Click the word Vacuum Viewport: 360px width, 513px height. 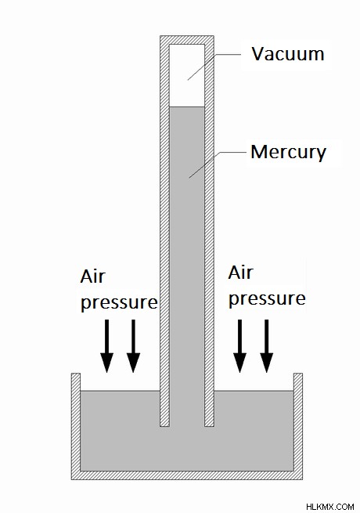click(x=288, y=54)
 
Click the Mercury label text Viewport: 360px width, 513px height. click(x=289, y=153)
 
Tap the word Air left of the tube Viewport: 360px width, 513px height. click(x=93, y=276)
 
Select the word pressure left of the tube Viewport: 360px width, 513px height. click(x=119, y=302)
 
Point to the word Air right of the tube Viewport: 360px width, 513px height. click(x=241, y=273)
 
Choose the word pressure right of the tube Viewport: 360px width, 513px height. click(x=267, y=298)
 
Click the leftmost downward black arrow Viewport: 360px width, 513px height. click(x=106, y=346)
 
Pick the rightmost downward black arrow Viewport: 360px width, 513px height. click(x=267, y=346)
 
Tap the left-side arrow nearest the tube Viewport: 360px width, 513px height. click(x=133, y=346)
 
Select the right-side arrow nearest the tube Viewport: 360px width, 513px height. click(x=240, y=346)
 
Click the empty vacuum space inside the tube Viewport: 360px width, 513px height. click(x=187, y=75)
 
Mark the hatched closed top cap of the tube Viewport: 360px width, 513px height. click(x=187, y=40)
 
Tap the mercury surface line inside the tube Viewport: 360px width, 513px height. click(x=187, y=107)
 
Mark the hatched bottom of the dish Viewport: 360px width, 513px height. click(x=187, y=475)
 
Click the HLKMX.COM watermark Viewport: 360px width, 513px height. click(x=330, y=507)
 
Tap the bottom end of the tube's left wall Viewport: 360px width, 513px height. click(x=164, y=426)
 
